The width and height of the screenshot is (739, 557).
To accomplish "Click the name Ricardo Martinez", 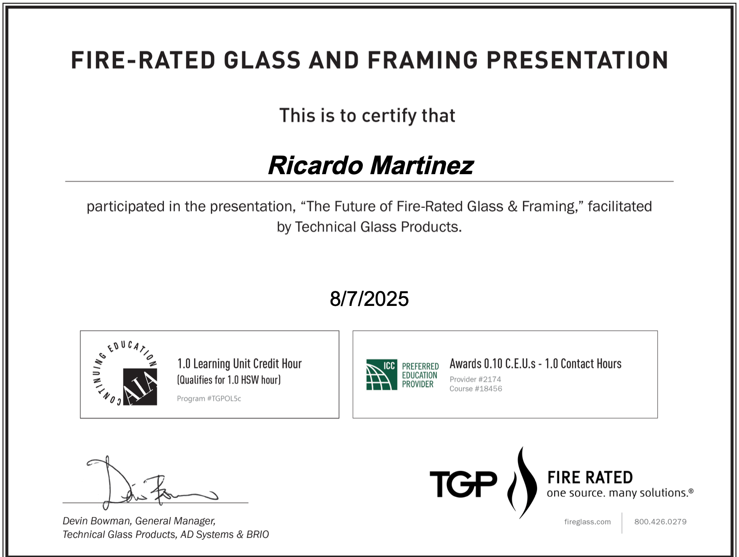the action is pos(371,166).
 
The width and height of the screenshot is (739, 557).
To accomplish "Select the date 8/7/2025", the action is pos(369,299).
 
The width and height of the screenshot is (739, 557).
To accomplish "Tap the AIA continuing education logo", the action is pos(125,374).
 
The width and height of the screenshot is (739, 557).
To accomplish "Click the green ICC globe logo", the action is pos(381,374).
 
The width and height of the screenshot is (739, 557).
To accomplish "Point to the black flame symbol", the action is pos(522,482).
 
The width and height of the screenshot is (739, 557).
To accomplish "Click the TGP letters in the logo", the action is pos(463,484).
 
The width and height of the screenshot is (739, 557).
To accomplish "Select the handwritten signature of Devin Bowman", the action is pos(152,483).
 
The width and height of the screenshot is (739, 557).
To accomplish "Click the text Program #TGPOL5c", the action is pos(209,398).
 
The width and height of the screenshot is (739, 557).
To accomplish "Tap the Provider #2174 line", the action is pos(476,379).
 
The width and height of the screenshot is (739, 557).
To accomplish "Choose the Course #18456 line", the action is pos(476,389).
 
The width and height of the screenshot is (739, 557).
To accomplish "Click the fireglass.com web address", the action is pos(587,522).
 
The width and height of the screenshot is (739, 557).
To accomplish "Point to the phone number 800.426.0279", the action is pos(660,522).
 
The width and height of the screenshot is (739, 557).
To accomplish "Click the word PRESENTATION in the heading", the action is pos(577,60).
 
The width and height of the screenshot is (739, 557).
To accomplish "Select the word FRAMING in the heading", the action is pos(423,60).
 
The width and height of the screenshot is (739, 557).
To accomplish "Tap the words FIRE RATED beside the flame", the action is pos(590,477).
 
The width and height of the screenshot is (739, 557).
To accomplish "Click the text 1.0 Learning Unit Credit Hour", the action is pos(240,364).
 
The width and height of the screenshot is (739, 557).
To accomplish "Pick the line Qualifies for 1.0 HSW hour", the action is pos(229,380).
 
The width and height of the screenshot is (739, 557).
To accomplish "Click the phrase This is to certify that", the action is pos(367,116).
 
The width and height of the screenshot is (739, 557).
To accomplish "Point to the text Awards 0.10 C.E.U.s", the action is pos(492,364).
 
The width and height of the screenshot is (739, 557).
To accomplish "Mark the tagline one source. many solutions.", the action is pos(620,493).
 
